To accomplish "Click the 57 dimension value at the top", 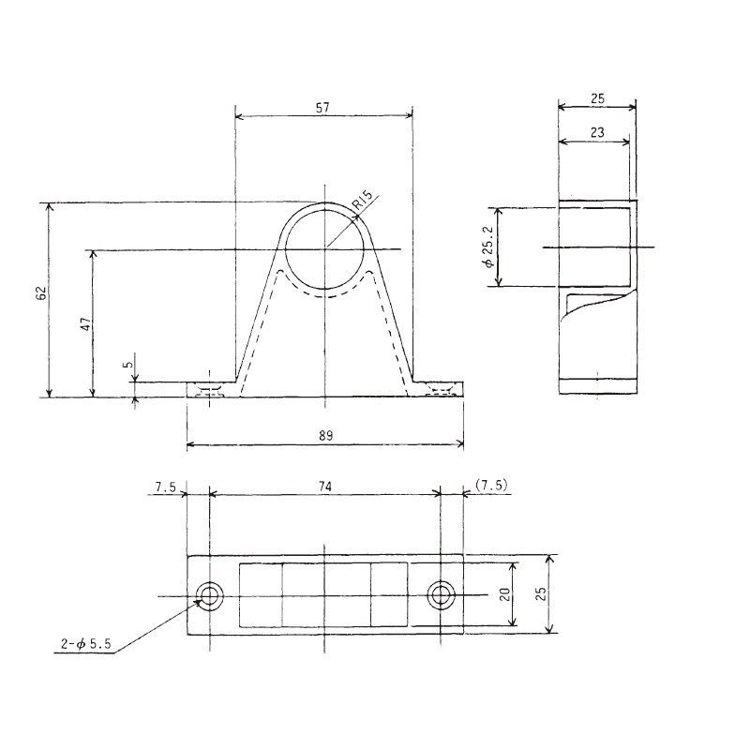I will (322, 108).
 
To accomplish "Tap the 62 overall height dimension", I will (40, 293).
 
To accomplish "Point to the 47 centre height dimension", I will (84, 324).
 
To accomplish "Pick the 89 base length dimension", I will (324, 435).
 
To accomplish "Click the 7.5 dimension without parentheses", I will (164, 486).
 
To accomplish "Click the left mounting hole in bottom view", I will (209, 595).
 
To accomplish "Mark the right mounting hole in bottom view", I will (441, 595).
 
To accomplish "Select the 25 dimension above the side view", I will (597, 97).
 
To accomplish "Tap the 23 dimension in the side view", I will (594, 133).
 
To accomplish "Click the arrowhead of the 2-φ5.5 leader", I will (200, 603).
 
